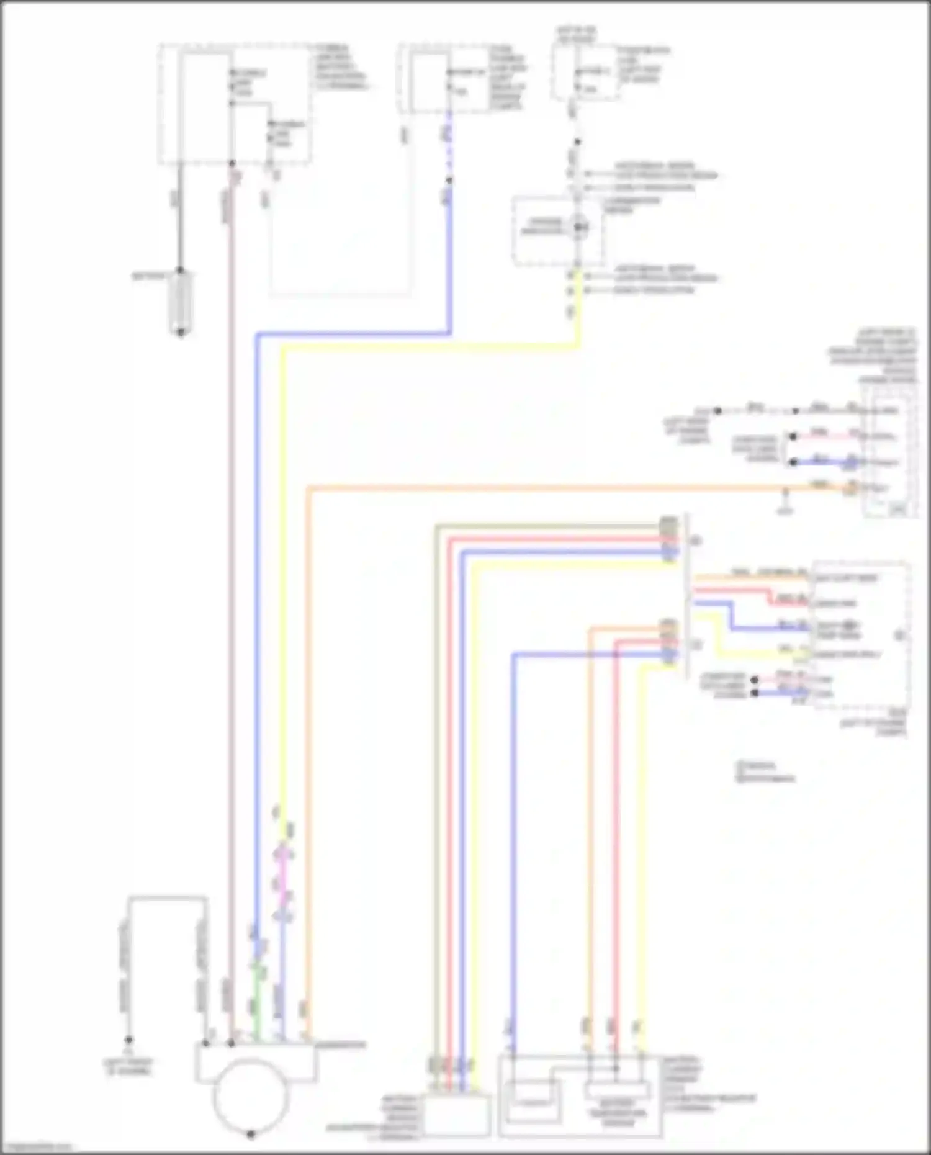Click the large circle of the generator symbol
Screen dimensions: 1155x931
click(250, 1095)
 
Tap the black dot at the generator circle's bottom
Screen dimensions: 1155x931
click(251, 1135)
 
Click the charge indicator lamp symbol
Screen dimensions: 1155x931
click(580, 228)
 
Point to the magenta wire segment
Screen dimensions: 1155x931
click(284, 875)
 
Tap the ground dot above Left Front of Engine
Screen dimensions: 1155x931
click(128, 1040)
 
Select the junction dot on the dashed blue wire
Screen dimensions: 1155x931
click(449, 181)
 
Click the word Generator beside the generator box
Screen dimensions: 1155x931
click(340, 1045)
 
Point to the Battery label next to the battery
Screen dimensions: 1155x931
click(149, 275)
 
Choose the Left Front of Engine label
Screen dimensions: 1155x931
click(128, 1066)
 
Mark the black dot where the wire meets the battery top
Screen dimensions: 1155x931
click(181, 271)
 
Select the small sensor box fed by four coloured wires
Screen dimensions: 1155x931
click(456, 1115)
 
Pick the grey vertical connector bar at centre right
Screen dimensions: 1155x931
click(686, 596)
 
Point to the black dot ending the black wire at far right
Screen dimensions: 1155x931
click(717, 411)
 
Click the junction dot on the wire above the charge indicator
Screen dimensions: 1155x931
click(577, 142)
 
